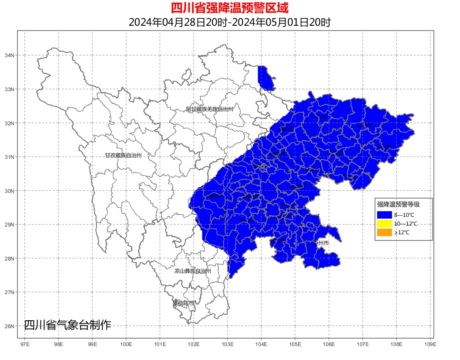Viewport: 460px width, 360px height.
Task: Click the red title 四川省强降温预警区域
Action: pos(230,8)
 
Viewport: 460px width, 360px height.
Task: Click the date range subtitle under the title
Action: pos(230,22)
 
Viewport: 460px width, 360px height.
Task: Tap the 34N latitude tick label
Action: pos(10,55)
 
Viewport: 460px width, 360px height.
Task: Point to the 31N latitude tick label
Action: pos(10,157)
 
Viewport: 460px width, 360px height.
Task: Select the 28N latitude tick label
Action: pos(10,258)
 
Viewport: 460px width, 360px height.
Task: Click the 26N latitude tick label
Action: pos(10,326)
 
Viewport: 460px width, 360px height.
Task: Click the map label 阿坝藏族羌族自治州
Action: pos(210,109)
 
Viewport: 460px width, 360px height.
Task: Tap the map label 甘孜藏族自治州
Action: pos(123,155)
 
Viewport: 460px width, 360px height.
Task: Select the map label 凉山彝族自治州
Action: pos(193,271)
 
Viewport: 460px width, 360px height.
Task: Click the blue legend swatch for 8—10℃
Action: pos(385,215)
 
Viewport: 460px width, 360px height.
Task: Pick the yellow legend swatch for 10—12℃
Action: pos(385,224)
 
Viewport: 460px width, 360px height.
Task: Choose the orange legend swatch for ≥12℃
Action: pos(385,233)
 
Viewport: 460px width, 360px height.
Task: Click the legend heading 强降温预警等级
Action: pos(399,204)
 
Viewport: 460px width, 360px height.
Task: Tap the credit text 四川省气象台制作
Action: pos(68,325)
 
